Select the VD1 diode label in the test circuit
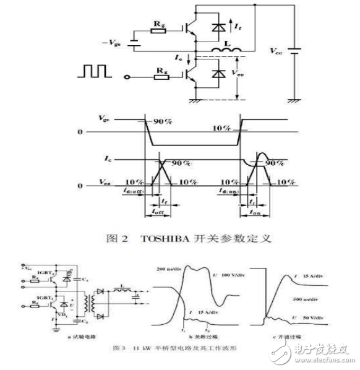(x=63, y=314)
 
